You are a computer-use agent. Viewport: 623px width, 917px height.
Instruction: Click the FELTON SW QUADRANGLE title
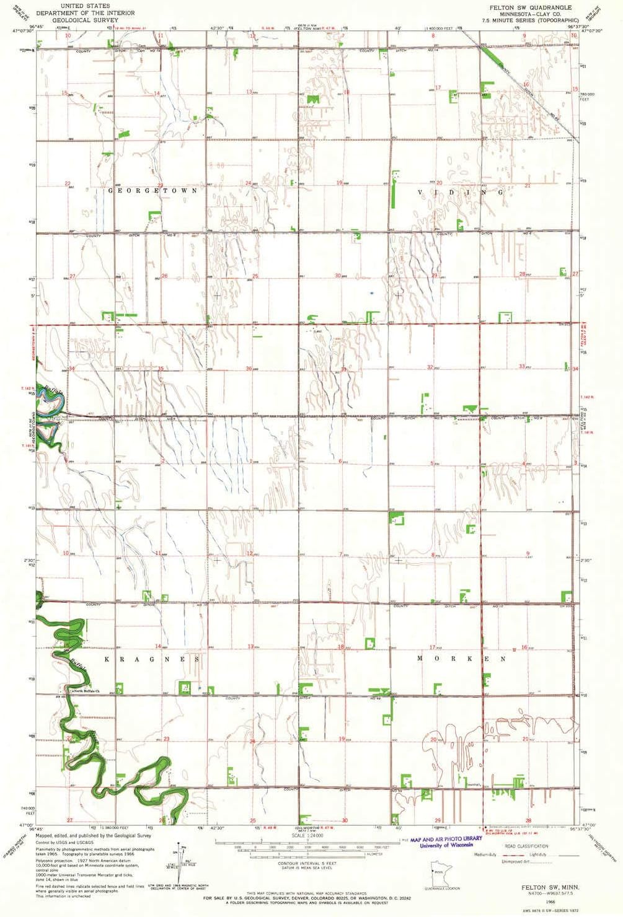pos(530,7)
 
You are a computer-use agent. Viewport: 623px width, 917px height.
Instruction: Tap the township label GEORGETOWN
pos(153,191)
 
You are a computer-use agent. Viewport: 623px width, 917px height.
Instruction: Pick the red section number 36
pos(249,369)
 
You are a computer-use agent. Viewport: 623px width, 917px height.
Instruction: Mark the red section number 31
pos(343,370)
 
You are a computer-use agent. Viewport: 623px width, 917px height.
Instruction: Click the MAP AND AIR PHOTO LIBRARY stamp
pos(446,839)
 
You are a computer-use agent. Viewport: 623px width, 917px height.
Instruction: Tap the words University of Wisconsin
pos(446,845)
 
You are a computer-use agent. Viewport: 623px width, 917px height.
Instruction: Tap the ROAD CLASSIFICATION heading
pos(526,846)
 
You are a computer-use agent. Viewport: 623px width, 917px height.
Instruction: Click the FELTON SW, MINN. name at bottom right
pos(541,887)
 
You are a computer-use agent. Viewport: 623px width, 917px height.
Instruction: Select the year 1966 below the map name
pos(541,900)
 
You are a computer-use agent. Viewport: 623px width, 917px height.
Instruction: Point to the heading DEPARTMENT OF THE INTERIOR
pos(85,13)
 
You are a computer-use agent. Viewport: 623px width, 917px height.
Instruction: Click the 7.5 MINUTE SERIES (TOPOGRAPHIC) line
pos(530,20)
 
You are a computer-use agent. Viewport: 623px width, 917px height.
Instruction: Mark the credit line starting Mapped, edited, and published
pos(93,835)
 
